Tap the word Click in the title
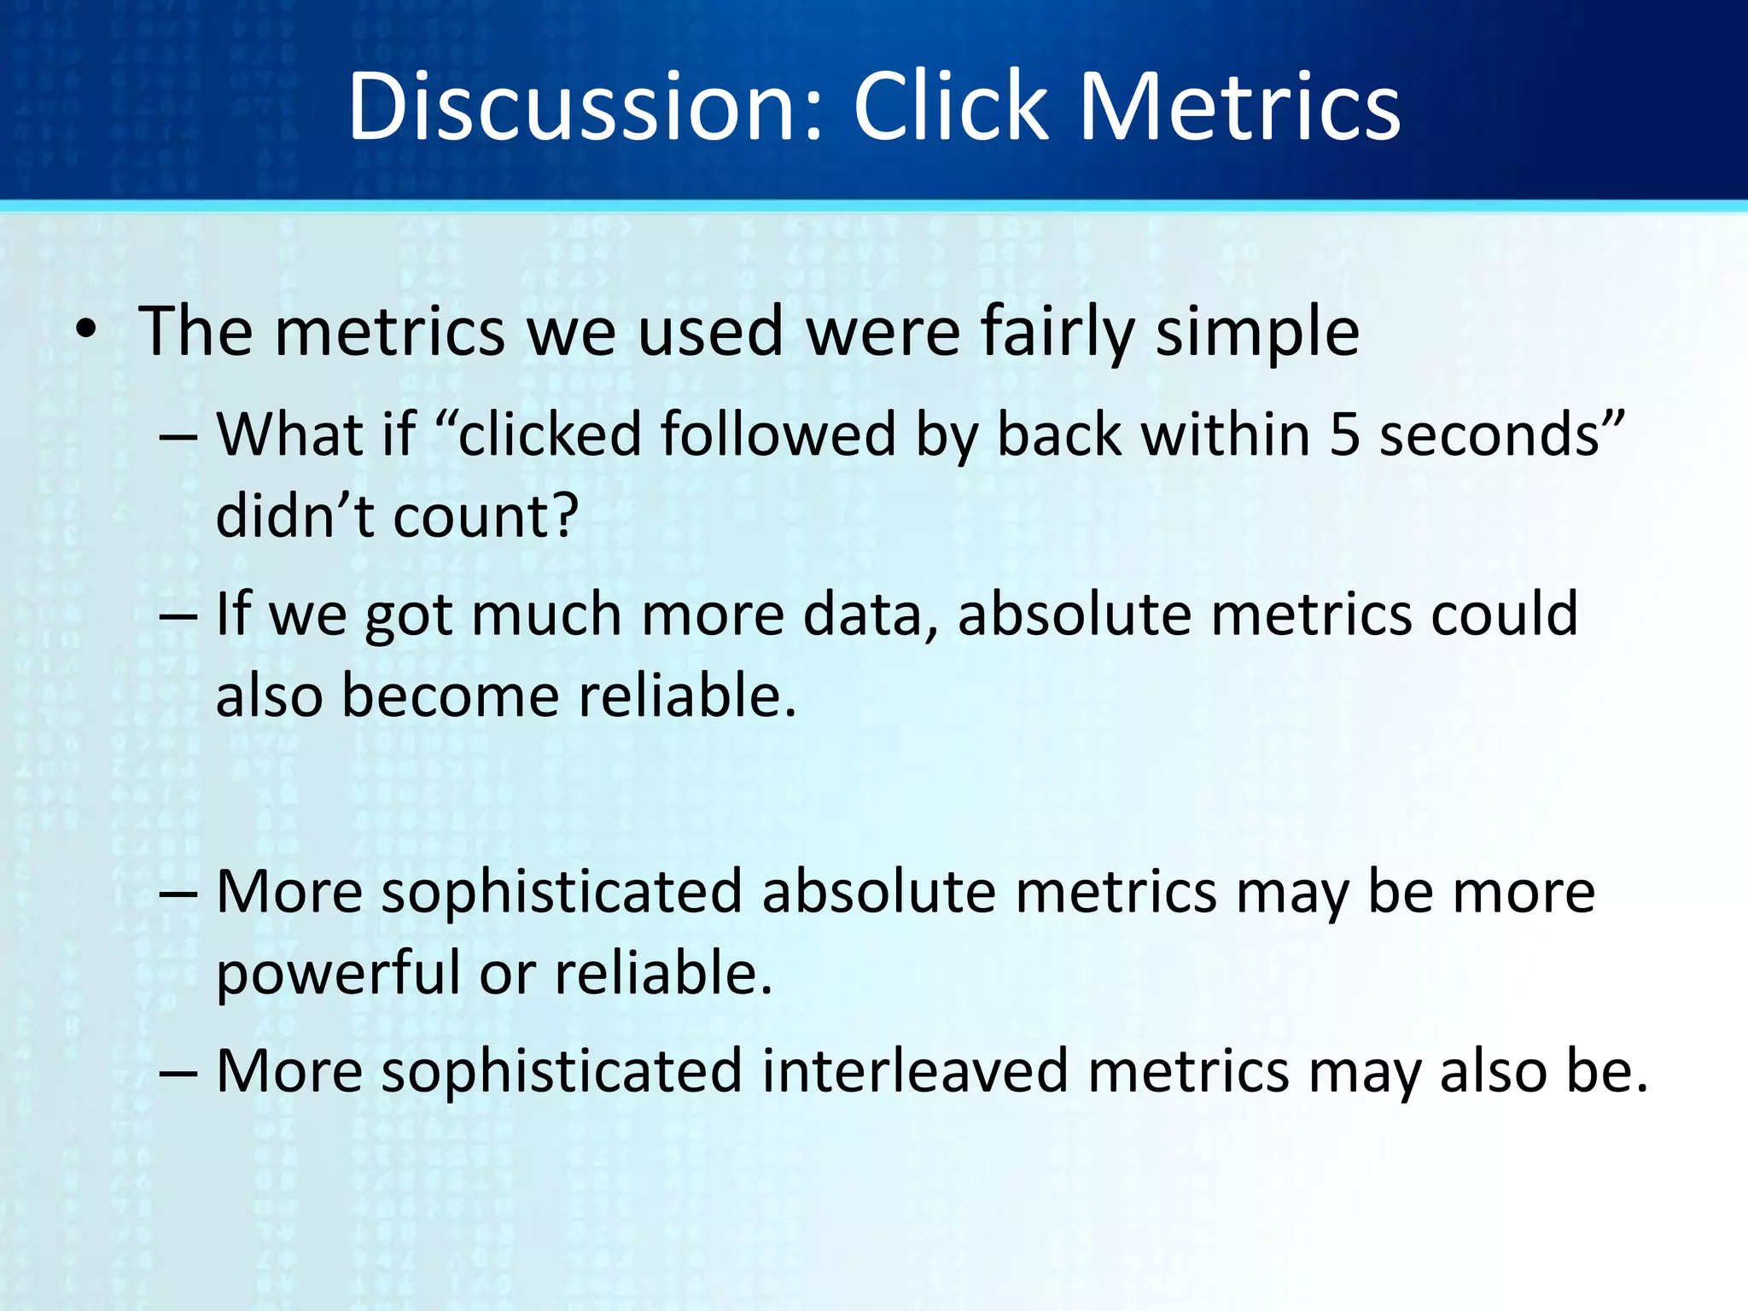coord(950,107)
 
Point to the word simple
coord(1257,333)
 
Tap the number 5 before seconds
coord(1344,434)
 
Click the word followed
coord(778,434)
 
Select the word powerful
coord(337,974)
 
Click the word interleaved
coord(914,1071)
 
